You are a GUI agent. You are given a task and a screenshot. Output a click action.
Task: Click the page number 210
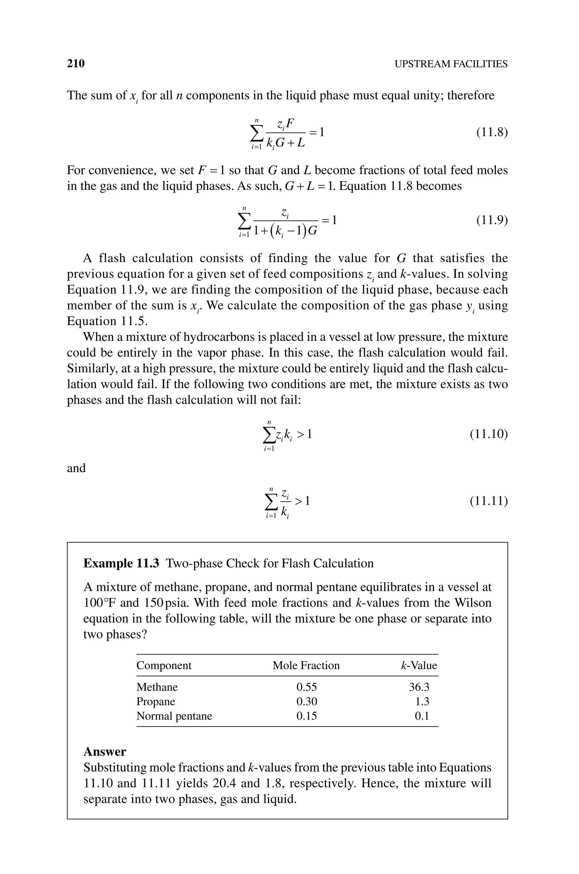pyautogui.click(x=76, y=64)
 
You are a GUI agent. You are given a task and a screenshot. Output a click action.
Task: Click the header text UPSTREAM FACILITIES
pyautogui.click(x=451, y=64)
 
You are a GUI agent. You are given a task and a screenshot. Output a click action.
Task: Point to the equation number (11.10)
pyautogui.click(x=489, y=434)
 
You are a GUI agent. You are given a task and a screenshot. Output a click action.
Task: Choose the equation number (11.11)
pyautogui.click(x=489, y=501)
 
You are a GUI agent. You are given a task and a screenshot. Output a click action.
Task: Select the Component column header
pyautogui.click(x=164, y=665)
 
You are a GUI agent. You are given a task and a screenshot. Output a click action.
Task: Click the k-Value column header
pyautogui.click(x=419, y=665)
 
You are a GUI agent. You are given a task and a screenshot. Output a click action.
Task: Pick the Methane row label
pyautogui.click(x=157, y=687)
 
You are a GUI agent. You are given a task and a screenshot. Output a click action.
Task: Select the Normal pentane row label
pyautogui.click(x=174, y=716)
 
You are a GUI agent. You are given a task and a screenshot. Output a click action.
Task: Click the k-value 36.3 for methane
pyautogui.click(x=419, y=687)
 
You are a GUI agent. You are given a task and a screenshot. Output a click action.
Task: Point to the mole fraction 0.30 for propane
pyautogui.click(x=306, y=702)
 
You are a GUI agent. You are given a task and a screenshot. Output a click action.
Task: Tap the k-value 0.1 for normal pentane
pyautogui.click(x=422, y=716)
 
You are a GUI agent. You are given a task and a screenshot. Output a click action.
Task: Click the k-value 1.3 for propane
pyautogui.click(x=422, y=702)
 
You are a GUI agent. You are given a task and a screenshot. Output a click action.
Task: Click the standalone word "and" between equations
pyautogui.click(x=76, y=468)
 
